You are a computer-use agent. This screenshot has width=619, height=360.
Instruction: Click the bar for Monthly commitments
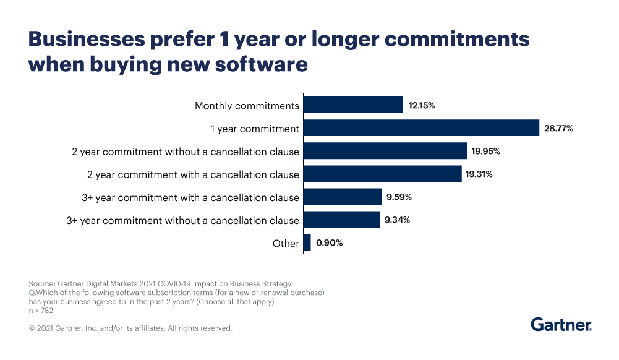[x=353, y=105]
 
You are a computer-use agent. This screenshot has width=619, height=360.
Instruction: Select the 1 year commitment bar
[x=421, y=128]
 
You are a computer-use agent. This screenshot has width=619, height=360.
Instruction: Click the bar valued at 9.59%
[x=343, y=197]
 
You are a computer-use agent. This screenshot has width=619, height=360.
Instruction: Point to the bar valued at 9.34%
[x=342, y=220]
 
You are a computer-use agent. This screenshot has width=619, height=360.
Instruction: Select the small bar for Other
[x=307, y=242]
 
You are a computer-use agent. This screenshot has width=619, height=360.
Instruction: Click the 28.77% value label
[x=559, y=129]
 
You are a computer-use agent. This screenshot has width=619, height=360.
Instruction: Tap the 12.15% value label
[x=422, y=106]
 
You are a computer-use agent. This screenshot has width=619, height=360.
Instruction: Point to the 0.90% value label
[x=329, y=243]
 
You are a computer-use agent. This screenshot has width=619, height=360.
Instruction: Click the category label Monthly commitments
[x=247, y=106]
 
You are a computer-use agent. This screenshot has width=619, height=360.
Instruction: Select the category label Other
[x=286, y=243]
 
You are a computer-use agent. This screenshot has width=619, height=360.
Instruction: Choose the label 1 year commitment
[x=255, y=129]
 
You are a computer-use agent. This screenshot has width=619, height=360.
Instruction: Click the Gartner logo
[x=561, y=325]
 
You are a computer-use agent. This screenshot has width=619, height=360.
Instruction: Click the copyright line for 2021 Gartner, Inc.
[x=130, y=328]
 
